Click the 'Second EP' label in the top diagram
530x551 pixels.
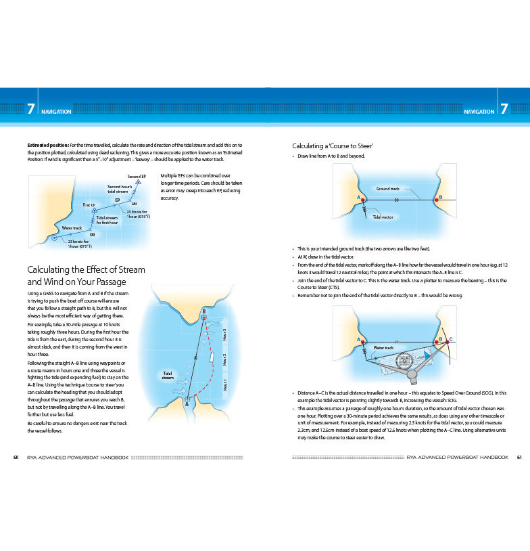(137, 177)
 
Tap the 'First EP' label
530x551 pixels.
(89, 204)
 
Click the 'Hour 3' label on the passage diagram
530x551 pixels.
(224, 334)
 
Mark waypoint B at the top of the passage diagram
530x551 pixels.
(203, 316)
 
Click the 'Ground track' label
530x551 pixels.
(388, 188)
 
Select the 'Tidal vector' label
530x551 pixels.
(383, 217)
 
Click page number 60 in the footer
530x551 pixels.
(16, 457)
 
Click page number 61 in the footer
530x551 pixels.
(519, 457)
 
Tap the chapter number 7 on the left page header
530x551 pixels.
(30, 110)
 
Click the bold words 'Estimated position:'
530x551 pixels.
(47, 146)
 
